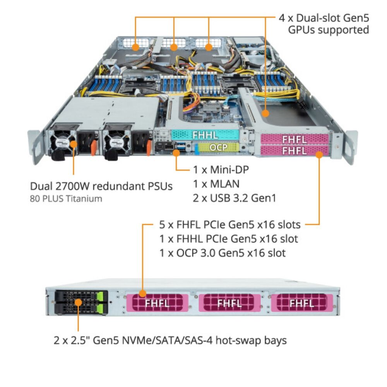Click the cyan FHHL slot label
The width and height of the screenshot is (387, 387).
pyautogui.click(x=205, y=135)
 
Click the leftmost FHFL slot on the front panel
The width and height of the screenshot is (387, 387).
pyautogui.click(x=157, y=303)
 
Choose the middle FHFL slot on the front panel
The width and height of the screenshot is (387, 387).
pyautogui.click(x=229, y=303)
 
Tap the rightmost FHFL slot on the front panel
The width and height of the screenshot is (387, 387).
pyautogui.click(x=301, y=303)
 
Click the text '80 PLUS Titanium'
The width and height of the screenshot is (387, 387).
pyautogui.click(x=66, y=199)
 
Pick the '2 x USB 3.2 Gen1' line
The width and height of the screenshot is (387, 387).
pyautogui.click(x=235, y=198)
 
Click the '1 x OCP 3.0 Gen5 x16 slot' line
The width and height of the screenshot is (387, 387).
pyautogui.click(x=223, y=253)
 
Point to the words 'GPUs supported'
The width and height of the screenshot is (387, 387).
pyautogui.click(x=329, y=30)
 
